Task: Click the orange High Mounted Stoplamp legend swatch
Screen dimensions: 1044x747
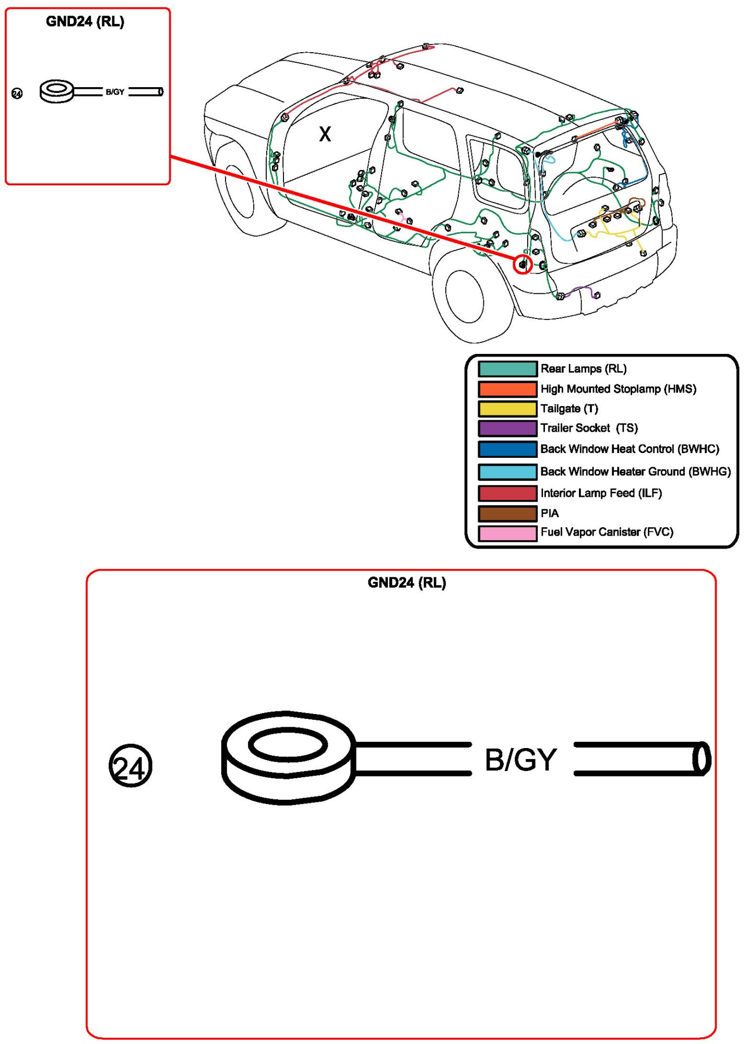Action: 507,389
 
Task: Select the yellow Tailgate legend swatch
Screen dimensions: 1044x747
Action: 507,408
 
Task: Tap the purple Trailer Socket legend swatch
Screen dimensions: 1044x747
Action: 507,428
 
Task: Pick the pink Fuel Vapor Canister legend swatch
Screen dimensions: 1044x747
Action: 507,533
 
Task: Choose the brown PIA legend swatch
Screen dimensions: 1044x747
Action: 507,513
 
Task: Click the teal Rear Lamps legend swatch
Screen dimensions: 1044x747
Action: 507,369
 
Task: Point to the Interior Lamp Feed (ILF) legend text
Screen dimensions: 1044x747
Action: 601,493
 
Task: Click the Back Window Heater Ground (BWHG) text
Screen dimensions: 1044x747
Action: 635,471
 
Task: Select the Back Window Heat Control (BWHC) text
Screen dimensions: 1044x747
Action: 630,449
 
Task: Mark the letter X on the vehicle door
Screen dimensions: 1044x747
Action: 325,134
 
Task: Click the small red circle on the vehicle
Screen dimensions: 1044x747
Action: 523,265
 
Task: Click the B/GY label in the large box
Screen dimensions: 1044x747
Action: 520,760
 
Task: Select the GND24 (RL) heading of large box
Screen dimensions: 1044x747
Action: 407,583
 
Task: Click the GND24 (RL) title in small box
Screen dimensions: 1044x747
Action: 85,21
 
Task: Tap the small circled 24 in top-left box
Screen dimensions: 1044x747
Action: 17,93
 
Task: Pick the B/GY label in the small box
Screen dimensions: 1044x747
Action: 115,92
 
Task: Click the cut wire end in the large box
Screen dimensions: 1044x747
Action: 702,758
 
